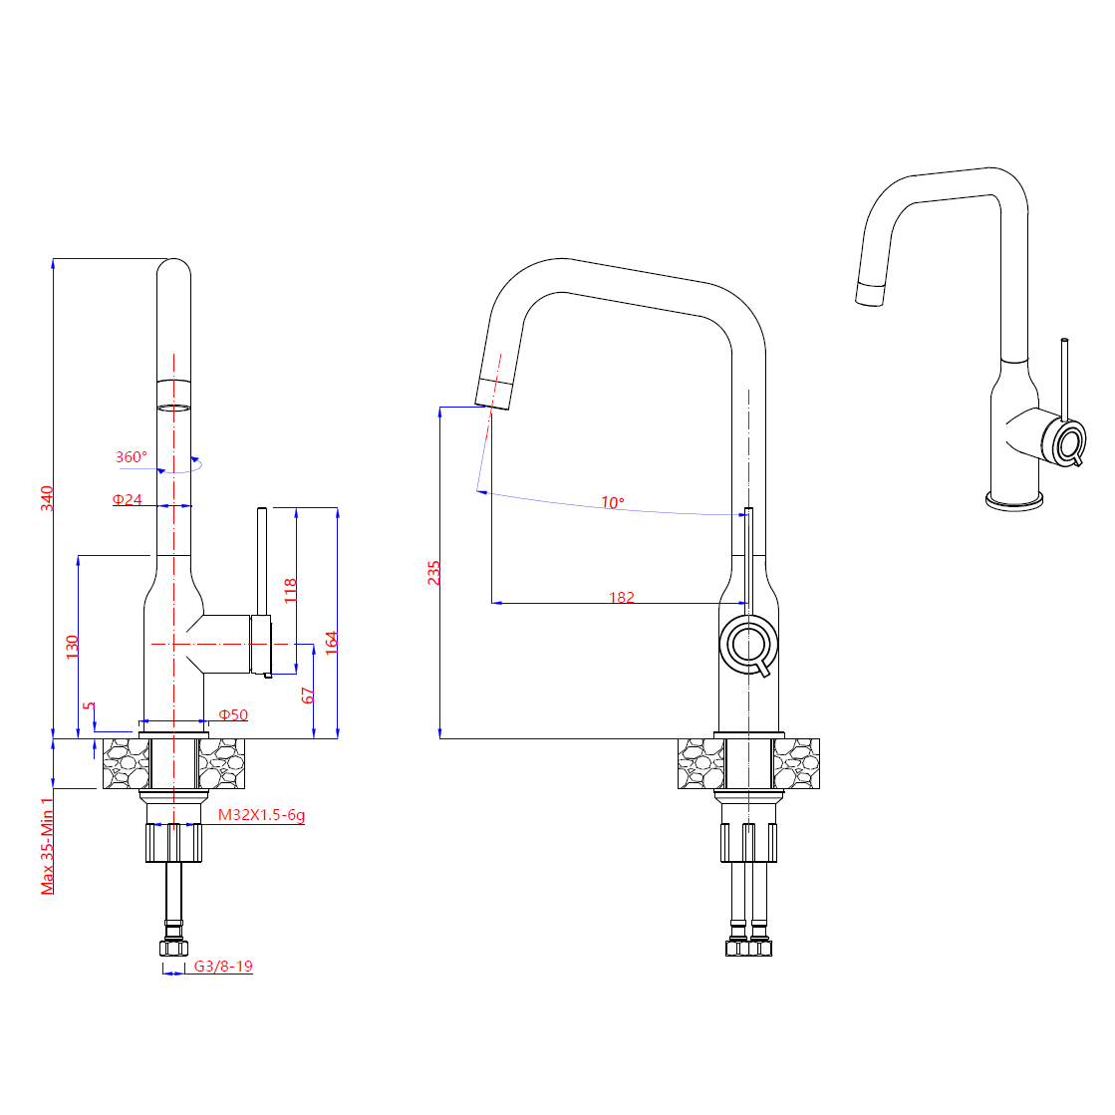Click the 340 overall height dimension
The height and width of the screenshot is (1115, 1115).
click(47, 498)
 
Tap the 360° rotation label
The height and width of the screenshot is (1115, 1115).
click(132, 456)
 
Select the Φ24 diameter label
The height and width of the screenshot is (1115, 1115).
click(128, 500)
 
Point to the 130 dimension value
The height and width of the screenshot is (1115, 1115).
click(72, 647)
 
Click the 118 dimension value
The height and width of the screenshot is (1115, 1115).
click(290, 590)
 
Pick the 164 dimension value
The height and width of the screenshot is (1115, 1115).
click(332, 642)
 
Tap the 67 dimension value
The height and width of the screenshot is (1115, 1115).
click(307, 696)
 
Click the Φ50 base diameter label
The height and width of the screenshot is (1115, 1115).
click(233, 714)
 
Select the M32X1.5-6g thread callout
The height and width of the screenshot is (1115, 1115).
click(261, 815)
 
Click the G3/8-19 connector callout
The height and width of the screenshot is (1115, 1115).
click(223, 966)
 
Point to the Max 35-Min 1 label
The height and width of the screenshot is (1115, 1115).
click(47, 846)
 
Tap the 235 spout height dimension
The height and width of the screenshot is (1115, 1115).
click(433, 572)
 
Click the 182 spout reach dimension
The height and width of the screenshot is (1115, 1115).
click(622, 597)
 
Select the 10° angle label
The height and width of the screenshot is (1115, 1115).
click(612, 503)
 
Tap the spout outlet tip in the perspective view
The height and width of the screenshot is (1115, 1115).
click(870, 294)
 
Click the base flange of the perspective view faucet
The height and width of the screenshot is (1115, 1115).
click(1014, 500)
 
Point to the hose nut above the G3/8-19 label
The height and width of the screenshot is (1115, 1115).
click(173, 948)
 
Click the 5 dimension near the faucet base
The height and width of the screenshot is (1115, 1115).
click(89, 706)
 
